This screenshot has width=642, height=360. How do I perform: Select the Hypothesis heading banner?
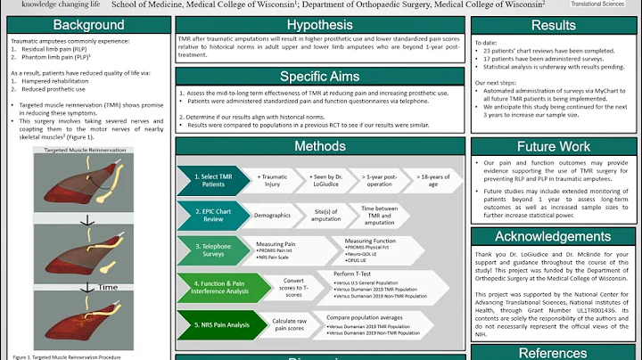pos(320,26)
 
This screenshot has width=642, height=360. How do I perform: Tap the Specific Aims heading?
pos(320,77)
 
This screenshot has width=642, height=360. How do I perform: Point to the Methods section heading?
pos(320,146)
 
